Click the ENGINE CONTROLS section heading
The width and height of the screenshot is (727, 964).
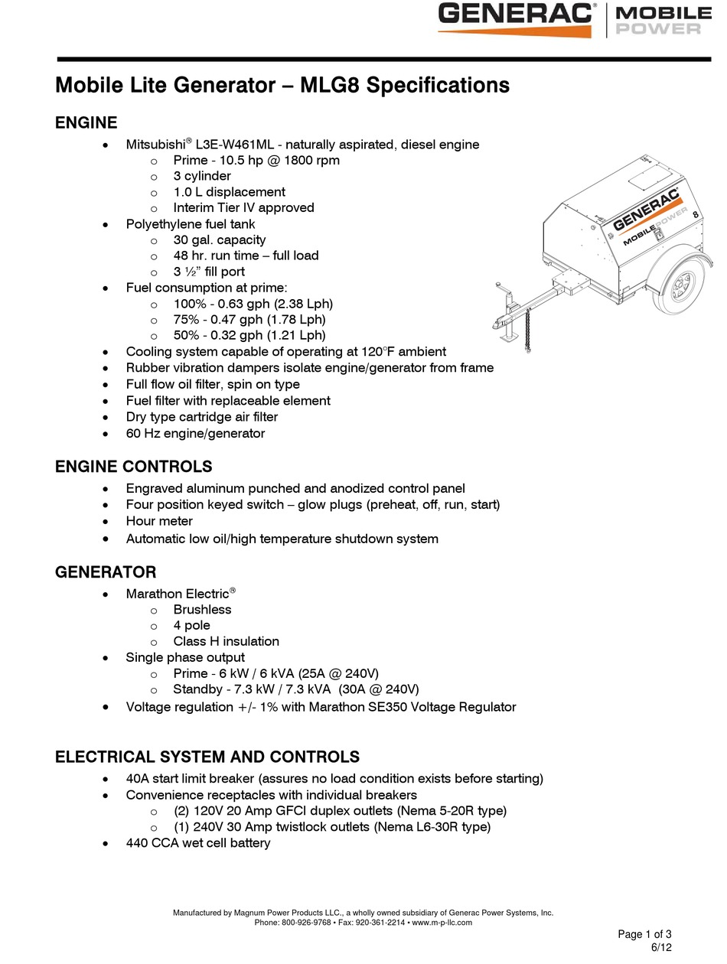pyautogui.click(x=133, y=467)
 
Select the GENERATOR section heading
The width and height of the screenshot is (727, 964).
pyautogui.click(x=106, y=572)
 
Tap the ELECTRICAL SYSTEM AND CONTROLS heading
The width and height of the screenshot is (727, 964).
pyautogui.click(x=207, y=757)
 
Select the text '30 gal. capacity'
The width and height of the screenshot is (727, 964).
pyautogui.click(x=219, y=239)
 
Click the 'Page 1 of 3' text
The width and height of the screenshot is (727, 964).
pyautogui.click(x=644, y=934)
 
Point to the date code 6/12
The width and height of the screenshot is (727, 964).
pyautogui.click(x=660, y=948)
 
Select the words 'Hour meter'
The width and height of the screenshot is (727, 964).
pyautogui.click(x=159, y=521)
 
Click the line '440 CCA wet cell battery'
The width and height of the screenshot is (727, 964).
pyautogui.click(x=197, y=843)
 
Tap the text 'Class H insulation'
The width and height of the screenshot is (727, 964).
pyautogui.click(x=226, y=641)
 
